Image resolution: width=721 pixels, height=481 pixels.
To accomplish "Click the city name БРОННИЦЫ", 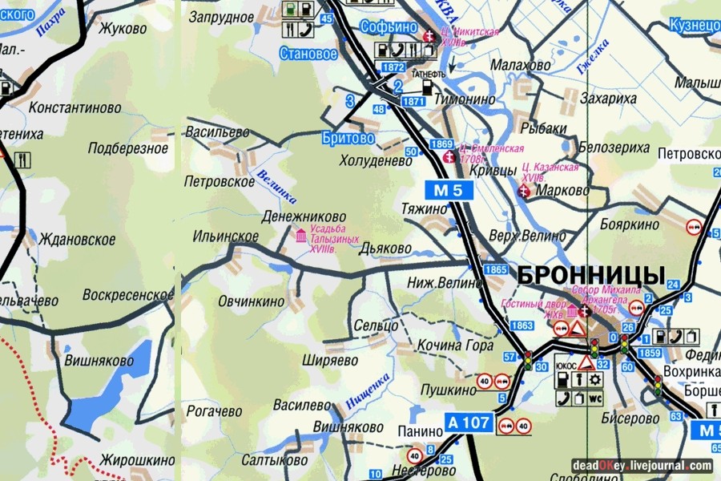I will point(591,274).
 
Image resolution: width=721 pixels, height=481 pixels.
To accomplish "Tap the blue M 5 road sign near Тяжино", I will point(449,191).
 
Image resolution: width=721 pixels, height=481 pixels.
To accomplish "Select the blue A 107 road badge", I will point(469,422).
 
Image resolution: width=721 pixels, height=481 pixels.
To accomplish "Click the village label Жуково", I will point(123,29).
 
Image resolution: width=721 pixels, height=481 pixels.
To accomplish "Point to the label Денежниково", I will point(304,216).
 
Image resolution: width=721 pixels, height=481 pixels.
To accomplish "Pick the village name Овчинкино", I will point(251,301).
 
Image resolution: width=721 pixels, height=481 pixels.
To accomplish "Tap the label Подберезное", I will point(128,148).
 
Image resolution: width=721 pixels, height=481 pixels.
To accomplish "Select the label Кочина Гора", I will point(455,346).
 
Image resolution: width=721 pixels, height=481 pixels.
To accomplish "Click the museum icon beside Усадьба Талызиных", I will point(300,236).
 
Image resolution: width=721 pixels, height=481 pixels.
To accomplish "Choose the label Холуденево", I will point(375,160).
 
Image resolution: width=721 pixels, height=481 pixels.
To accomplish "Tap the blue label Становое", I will point(308,55).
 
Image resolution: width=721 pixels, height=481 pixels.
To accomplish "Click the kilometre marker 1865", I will point(496,270).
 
